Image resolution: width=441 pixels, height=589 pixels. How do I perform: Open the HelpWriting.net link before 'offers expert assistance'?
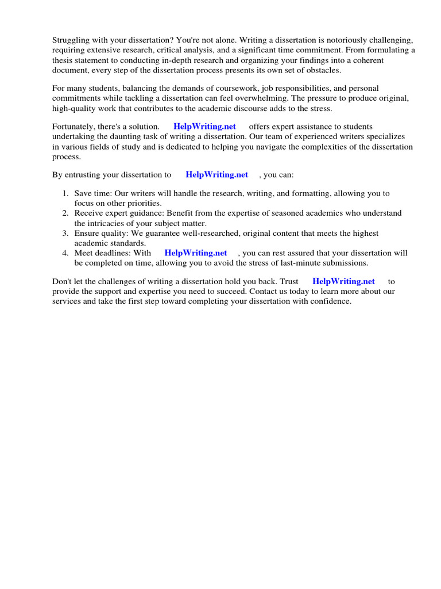click(204, 127)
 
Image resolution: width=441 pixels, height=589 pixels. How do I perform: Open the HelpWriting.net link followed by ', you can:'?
click(216, 175)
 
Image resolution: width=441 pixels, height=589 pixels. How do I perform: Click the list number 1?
click(65, 194)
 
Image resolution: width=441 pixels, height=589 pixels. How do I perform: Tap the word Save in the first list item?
click(83, 194)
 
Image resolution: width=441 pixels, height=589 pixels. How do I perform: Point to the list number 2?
click(65, 213)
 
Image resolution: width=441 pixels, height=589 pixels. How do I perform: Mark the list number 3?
click(65, 234)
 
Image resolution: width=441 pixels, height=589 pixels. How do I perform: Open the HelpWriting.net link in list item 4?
click(196, 253)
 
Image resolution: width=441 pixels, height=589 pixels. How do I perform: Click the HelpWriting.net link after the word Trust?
click(343, 281)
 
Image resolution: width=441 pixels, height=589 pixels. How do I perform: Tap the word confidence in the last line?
click(329, 301)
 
